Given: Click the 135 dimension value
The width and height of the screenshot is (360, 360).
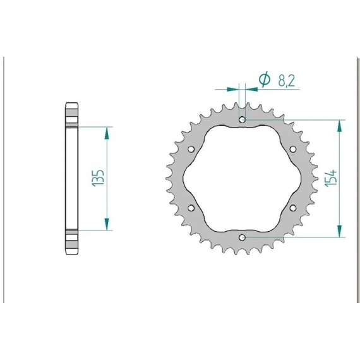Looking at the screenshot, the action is click(x=99, y=178).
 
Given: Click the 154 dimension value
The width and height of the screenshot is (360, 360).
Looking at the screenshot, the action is click(x=331, y=178).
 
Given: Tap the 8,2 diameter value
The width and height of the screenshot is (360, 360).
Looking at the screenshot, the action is click(x=286, y=81).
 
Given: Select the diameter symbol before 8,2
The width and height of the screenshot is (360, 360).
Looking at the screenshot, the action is click(x=264, y=80).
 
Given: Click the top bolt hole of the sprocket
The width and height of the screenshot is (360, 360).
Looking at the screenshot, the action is click(x=242, y=119).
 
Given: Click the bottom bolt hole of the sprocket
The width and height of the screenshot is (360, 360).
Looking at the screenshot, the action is click(x=242, y=237).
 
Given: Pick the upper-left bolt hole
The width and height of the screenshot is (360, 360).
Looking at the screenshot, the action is click(x=191, y=149).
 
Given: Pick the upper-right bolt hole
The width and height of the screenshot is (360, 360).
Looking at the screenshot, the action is click(x=293, y=149).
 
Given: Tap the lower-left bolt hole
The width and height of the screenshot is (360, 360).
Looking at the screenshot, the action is click(x=191, y=208).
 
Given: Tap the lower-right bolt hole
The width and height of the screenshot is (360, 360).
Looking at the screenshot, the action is click(x=293, y=208).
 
